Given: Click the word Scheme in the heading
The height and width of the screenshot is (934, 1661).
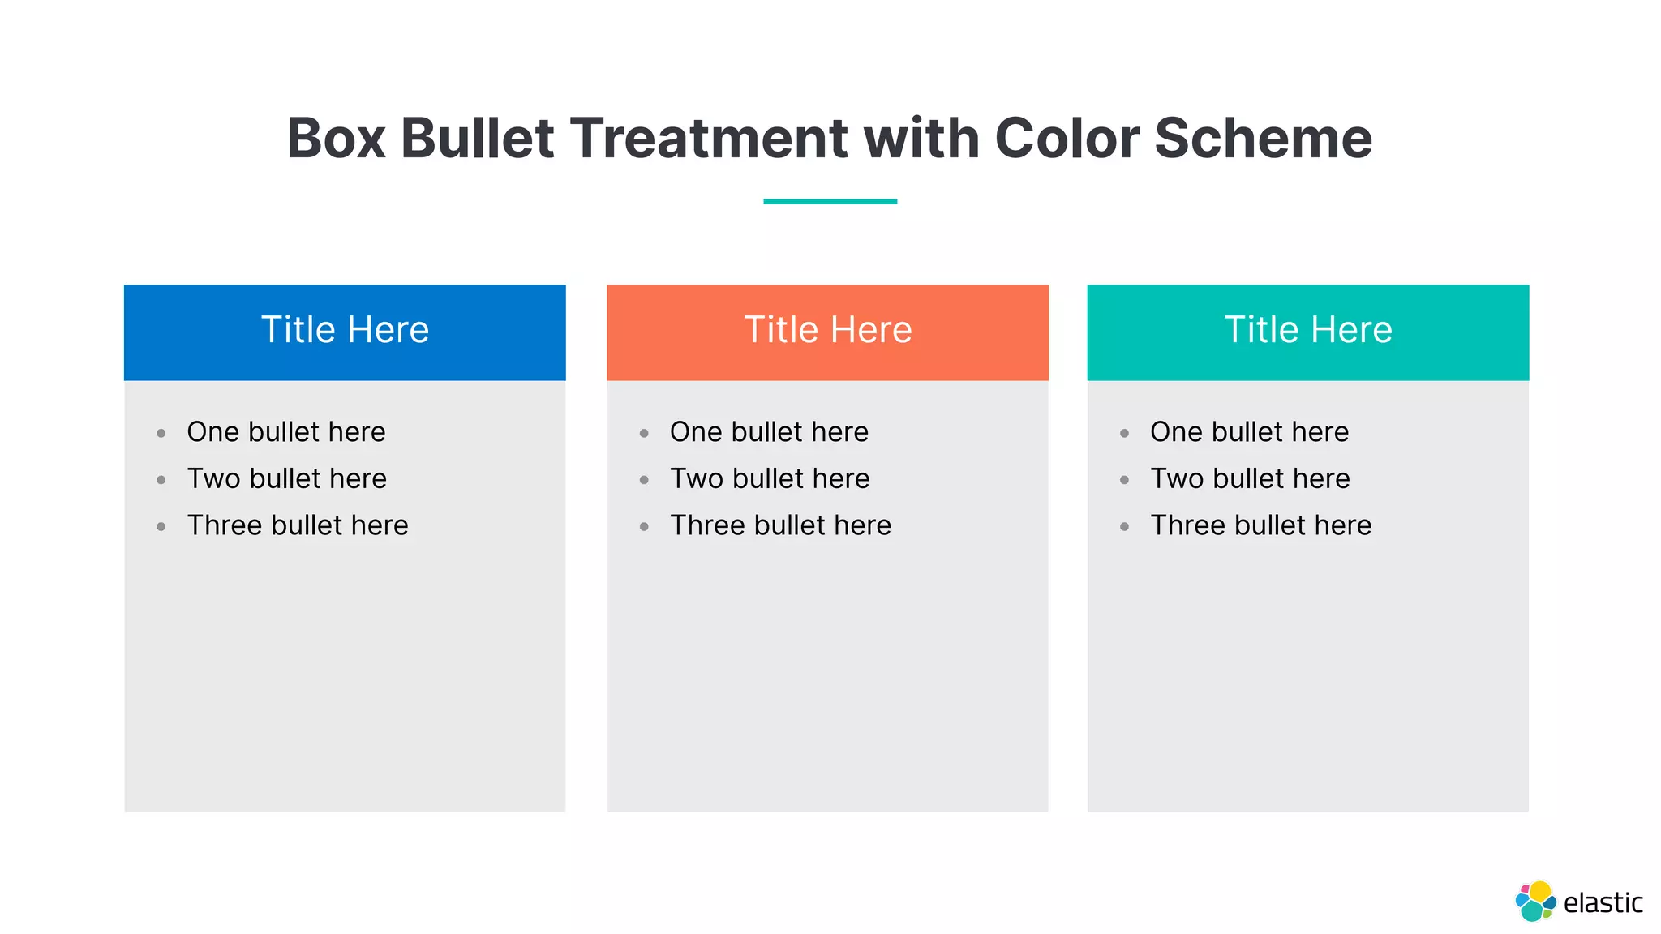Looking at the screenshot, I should pyautogui.click(x=1263, y=138).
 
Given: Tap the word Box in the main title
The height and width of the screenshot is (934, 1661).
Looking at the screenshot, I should pyautogui.click(x=336, y=138).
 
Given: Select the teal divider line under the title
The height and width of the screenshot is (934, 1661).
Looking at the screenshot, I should pyautogui.click(x=830, y=201).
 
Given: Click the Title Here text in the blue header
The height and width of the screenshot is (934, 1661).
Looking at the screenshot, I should pyautogui.click(x=345, y=330).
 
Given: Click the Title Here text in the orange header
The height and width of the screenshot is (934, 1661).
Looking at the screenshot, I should pyautogui.click(x=828, y=330).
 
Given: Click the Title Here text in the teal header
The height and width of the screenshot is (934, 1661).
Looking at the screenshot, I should pyautogui.click(x=1308, y=330).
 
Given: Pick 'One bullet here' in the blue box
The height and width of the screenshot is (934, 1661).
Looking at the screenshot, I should pyautogui.click(x=286, y=432).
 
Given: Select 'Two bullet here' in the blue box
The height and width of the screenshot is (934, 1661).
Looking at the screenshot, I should pyautogui.click(x=286, y=478).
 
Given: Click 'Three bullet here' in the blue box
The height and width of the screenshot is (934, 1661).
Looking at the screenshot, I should pyautogui.click(x=298, y=525).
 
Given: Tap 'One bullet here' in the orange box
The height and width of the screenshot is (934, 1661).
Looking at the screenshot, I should pyautogui.click(x=769, y=432).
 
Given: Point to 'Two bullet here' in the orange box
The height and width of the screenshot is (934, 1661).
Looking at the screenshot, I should pyautogui.click(x=770, y=478).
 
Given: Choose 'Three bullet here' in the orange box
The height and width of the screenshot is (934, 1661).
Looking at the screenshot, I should pyautogui.click(x=780, y=525).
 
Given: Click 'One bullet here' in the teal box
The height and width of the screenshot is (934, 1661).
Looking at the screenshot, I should pyautogui.click(x=1249, y=432).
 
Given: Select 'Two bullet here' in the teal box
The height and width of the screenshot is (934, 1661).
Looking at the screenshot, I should pyautogui.click(x=1250, y=478).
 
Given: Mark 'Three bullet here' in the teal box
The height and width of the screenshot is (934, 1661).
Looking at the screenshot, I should pyautogui.click(x=1260, y=525).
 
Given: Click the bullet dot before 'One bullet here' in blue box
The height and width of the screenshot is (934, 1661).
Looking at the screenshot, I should pyautogui.click(x=161, y=434).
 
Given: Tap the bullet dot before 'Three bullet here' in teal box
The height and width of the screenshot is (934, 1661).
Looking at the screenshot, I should pyautogui.click(x=1124, y=527).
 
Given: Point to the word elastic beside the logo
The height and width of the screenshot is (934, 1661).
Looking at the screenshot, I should pyautogui.click(x=1603, y=903).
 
